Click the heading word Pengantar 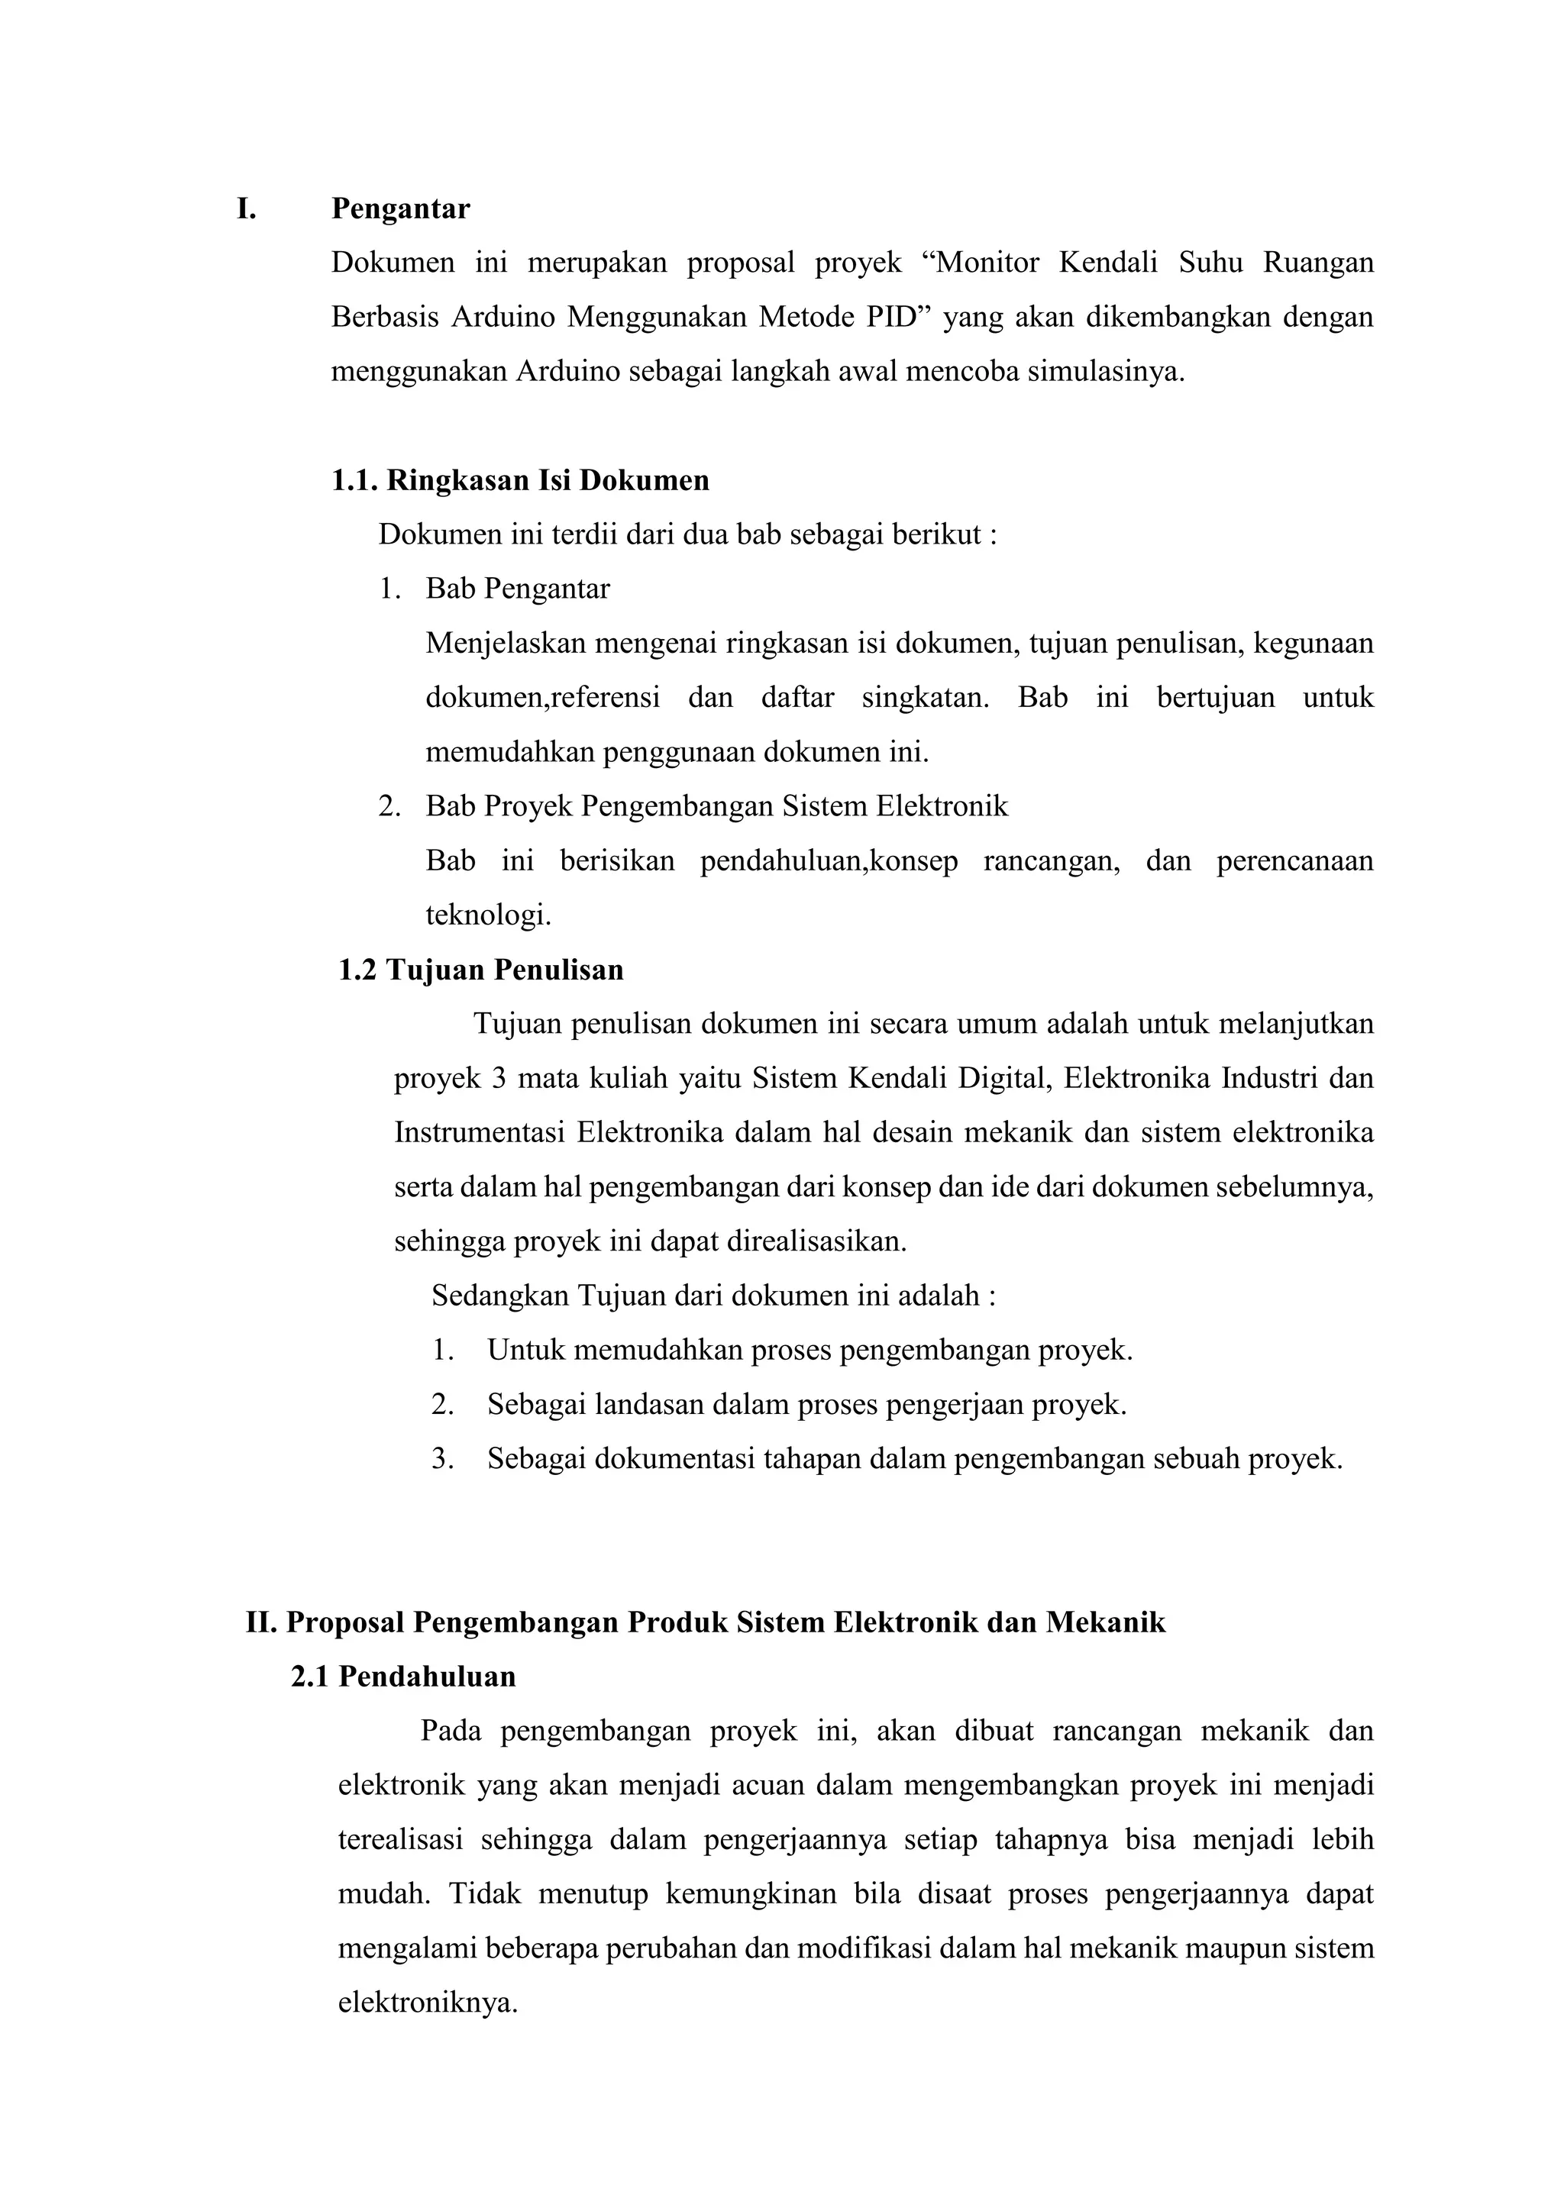pos(401,209)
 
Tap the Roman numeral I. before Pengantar pos(247,209)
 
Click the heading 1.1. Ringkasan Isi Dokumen pos(520,480)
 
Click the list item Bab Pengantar pos(517,589)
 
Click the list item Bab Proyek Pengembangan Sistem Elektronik pos(716,806)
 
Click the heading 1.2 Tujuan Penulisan pos(480,970)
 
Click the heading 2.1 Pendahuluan pos(403,1677)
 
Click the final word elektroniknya pos(428,2003)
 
